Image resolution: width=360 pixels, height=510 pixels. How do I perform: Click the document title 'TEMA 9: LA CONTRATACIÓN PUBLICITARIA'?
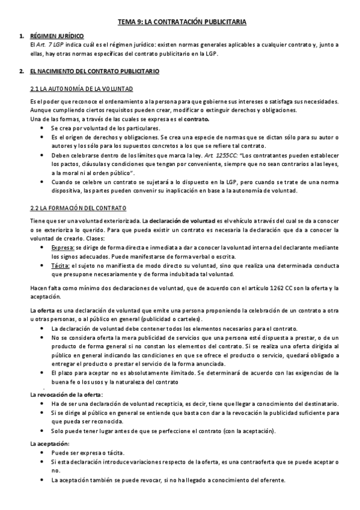[182, 22]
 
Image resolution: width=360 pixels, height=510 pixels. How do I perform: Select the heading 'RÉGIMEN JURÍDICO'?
[56, 36]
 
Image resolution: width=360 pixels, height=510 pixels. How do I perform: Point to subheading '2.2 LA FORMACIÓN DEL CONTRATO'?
[78, 208]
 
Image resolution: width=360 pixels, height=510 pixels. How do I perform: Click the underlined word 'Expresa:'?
[63, 247]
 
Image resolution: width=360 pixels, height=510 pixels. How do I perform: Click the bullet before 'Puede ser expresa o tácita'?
[40, 452]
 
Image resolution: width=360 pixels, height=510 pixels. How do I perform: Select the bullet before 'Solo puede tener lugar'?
[40, 431]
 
